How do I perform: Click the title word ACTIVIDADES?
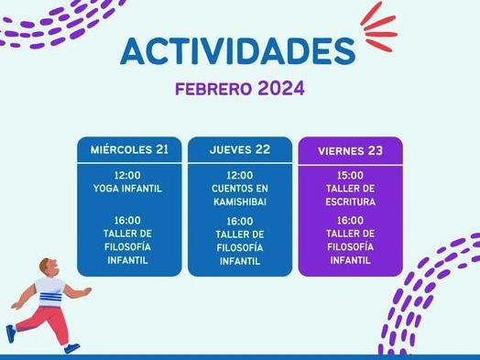click(237, 51)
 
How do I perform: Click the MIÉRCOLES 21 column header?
click(129, 149)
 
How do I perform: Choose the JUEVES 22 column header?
click(239, 149)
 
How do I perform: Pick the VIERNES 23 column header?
click(350, 150)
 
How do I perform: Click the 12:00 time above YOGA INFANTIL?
click(127, 174)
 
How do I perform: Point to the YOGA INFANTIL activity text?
click(127, 188)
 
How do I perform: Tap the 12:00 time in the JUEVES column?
click(239, 174)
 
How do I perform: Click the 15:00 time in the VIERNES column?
click(350, 174)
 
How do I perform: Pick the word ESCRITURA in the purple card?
click(350, 202)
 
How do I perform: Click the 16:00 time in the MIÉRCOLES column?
click(127, 220)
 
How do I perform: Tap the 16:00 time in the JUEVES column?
click(239, 221)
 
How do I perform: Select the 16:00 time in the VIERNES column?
click(350, 221)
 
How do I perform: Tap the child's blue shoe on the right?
click(71, 348)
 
